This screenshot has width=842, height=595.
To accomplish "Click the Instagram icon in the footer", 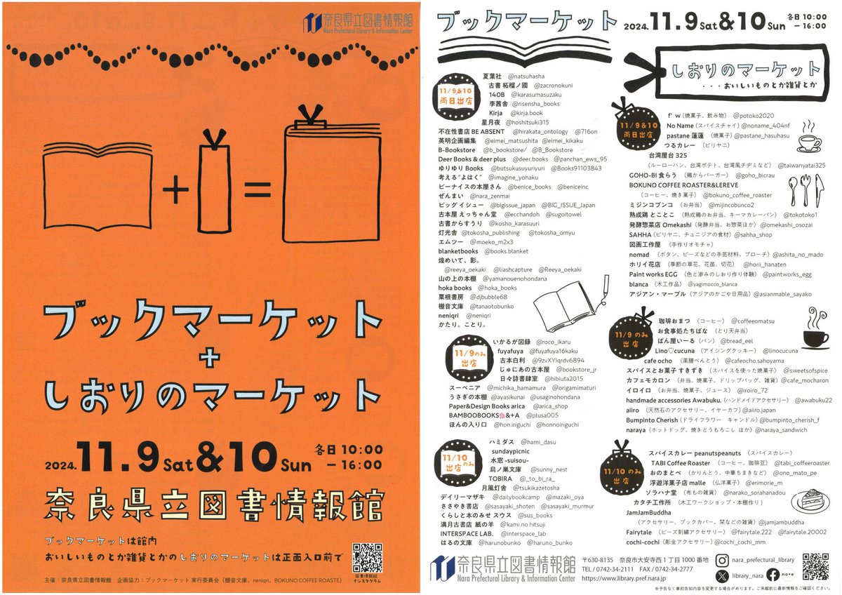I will pyautogui.click(x=722, y=560).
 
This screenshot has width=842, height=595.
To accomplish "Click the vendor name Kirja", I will pyautogui.click(x=495, y=112).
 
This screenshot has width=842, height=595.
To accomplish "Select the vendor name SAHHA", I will pyautogui.click(x=640, y=234).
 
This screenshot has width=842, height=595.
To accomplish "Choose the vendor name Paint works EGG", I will pyautogui.click(x=653, y=274).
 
